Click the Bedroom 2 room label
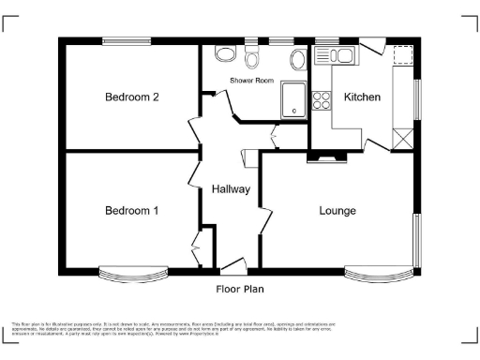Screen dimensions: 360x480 [x=131, y=97]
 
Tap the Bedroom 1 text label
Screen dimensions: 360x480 [x=130, y=210]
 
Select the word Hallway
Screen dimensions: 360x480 [x=231, y=188]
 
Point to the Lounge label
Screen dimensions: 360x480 [x=337, y=210]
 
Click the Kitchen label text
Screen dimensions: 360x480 [x=362, y=97]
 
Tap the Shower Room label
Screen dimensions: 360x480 [x=251, y=82]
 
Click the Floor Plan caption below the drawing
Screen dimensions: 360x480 [x=239, y=290]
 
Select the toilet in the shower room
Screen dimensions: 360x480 [x=250, y=60]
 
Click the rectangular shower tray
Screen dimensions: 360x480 [x=294, y=101]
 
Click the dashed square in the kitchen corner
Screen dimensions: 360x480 [x=404, y=55]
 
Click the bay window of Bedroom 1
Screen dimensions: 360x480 [x=134, y=275]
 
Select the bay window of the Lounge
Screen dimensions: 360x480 [x=378, y=275]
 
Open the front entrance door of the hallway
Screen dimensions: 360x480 [x=232, y=266]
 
